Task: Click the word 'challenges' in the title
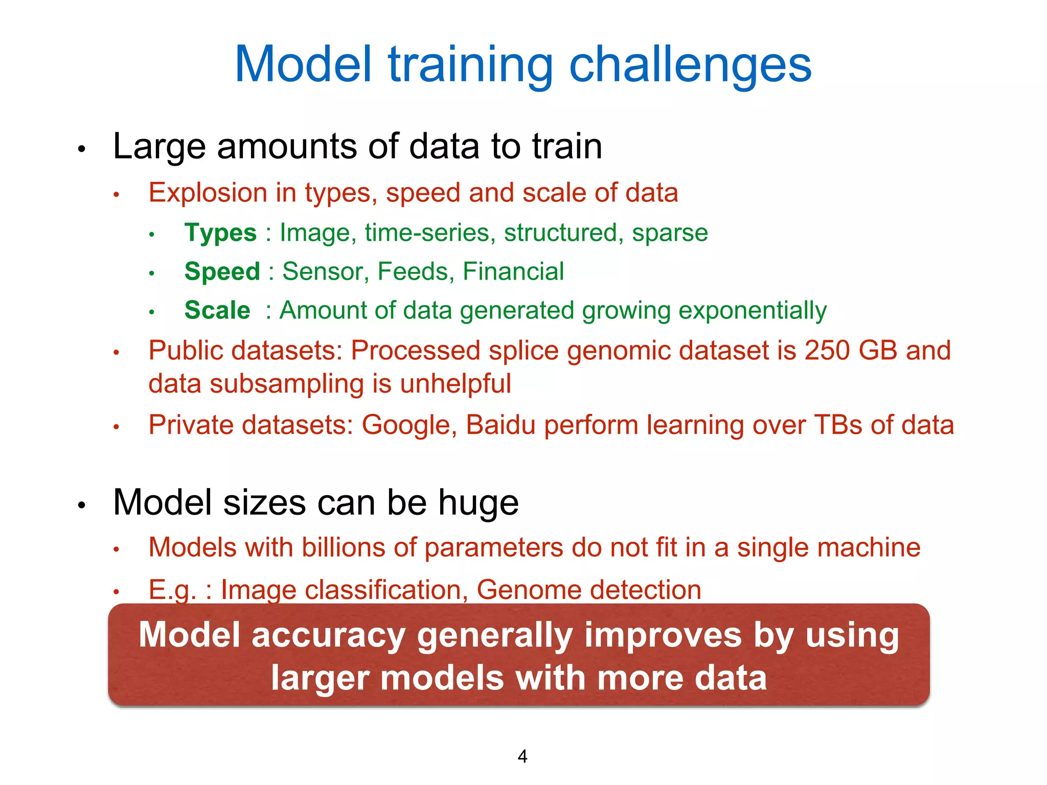click(690, 65)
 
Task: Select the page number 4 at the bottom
click(522, 756)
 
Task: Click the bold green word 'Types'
click(220, 233)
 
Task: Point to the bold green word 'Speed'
click(222, 272)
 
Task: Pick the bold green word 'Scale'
click(217, 310)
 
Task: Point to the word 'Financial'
click(513, 271)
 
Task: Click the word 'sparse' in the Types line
click(670, 233)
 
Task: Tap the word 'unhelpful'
click(455, 384)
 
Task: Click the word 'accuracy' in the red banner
click(329, 635)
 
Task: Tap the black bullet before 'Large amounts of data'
click(81, 150)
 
